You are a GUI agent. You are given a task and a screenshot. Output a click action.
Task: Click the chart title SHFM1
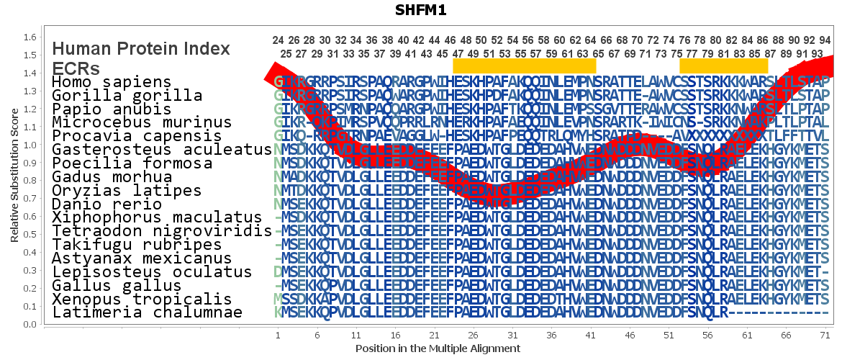click(421, 10)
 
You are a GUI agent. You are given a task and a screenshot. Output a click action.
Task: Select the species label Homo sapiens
click(112, 82)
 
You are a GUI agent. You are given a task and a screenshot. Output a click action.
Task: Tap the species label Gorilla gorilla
click(127, 96)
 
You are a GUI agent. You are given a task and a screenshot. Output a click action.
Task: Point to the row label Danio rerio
click(107, 204)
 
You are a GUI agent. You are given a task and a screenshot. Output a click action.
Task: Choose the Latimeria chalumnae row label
click(147, 312)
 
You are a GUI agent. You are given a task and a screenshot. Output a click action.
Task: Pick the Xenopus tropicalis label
click(142, 299)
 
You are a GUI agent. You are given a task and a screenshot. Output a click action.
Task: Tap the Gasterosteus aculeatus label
click(157, 150)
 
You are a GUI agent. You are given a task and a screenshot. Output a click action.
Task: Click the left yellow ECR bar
click(525, 66)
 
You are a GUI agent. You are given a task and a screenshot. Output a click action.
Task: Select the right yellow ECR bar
click(724, 66)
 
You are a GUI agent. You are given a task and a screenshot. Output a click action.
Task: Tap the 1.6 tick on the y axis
click(30, 37)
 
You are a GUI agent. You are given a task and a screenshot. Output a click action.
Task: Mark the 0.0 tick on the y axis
click(30, 324)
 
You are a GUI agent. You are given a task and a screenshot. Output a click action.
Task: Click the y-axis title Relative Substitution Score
click(14, 180)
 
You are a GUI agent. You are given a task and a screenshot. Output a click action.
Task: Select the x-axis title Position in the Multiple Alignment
click(438, 348)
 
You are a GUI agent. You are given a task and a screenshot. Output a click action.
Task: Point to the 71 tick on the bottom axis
click(826, 336)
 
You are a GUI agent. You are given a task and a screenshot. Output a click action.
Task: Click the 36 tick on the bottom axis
click(551, 336)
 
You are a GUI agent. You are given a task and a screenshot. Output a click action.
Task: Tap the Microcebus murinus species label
click(142, 123)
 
